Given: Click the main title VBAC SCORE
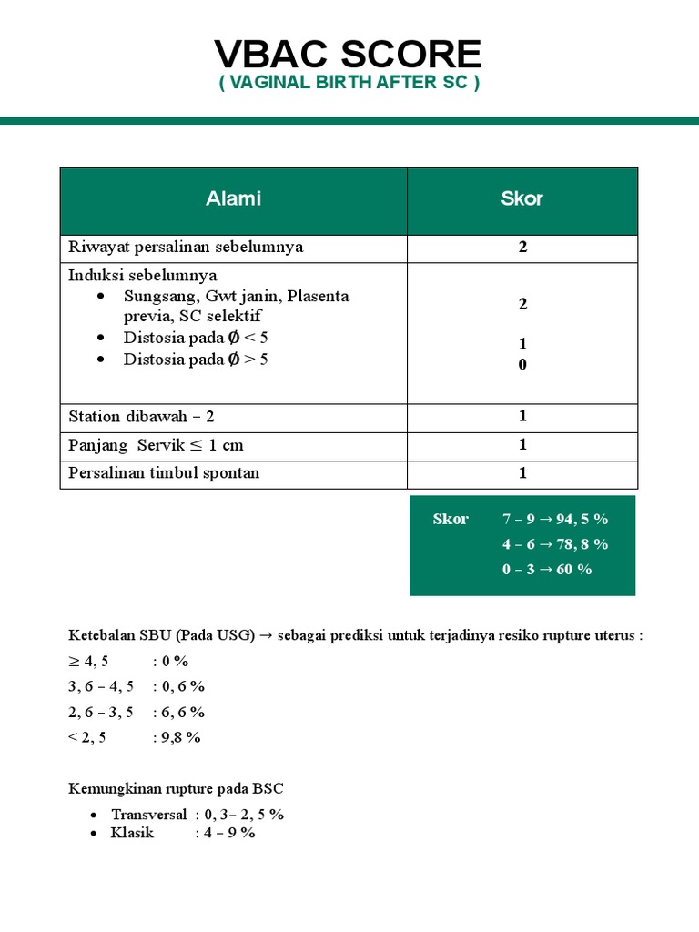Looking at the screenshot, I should (x=349, y=55).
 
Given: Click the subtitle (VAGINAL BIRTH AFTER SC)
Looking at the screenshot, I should (x=349, y=83).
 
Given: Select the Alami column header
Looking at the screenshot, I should (x=233, y=198).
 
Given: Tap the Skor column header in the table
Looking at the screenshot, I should (x=522, y=198).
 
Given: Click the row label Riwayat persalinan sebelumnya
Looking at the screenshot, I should (x=187, y=247).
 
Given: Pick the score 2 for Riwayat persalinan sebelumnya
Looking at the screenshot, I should (x=522, y=247).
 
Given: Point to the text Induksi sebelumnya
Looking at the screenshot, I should (x=143, y=275).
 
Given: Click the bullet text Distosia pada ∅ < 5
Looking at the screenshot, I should (x=196, y=338).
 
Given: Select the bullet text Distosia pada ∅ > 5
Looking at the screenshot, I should (x=196, y=359).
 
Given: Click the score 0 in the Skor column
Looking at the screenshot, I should (x=522, y=364).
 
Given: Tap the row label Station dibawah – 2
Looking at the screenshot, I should (x=142, y=416).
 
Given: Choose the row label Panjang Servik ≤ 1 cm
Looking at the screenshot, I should (x=157, y=445).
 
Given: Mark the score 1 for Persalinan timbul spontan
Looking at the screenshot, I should (x=522, y=473).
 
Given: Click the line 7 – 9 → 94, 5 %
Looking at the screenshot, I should (x=555, y=519).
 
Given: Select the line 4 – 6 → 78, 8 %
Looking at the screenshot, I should (x=555, y=543).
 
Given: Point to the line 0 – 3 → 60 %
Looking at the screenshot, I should (x=547, y=569).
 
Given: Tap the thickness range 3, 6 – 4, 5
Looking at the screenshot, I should (x=100, y=686).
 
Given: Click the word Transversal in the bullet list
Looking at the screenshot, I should (x=149, y=814).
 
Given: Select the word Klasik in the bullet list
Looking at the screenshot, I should (x=133, y=832).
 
